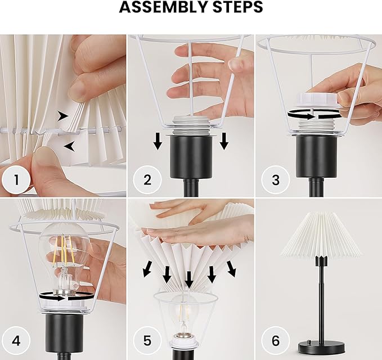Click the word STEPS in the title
coord(238,7)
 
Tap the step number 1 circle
coord(16,180)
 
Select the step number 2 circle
coord(147,180)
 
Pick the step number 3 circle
coord(276,180)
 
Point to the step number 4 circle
coord(16,340)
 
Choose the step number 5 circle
coord(147,340)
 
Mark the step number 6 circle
coord(276,340)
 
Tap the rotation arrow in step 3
coord(314,115)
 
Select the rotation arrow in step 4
coord(66,296)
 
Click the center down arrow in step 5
coord(189,280)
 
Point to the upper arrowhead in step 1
coord(63,116)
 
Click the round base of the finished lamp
coord(321,347)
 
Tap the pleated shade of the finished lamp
coord(321,235)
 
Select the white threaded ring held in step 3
coord(317,100)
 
